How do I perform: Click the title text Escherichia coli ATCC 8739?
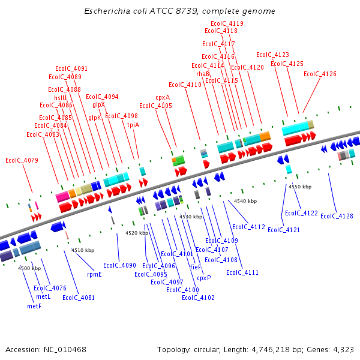(179, 11)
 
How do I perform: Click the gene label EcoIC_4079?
(22, 160)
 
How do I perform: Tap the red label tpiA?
(133, 125)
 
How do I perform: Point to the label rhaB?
(203, 73)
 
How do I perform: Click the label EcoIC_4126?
(320, 74)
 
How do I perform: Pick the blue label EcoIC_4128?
(337, 216)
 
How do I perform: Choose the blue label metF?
(34, 306)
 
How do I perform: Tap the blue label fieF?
(195, 266)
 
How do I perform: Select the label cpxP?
(204, 278)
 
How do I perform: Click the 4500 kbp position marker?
(29, 268)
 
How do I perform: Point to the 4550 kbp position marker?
(300, 187)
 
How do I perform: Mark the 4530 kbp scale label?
(191, 216)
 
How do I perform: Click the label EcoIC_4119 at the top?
(228, 23)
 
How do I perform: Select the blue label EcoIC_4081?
(79, 297)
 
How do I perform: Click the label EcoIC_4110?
(185, 85)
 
